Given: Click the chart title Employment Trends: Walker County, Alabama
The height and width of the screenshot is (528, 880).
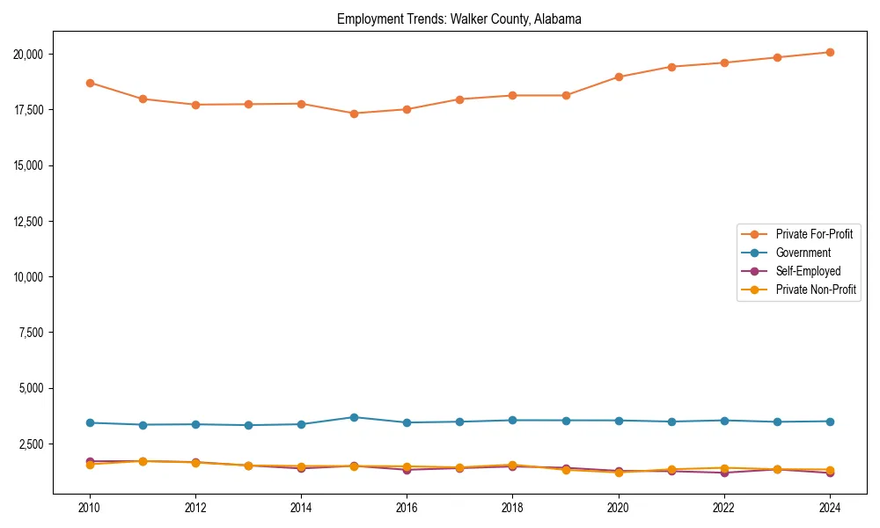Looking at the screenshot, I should (458, 19).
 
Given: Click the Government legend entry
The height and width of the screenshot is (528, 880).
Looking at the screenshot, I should (803, 253).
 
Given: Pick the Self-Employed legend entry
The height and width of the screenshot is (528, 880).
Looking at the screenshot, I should (808, 271).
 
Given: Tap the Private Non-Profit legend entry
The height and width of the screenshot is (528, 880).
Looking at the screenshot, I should (816, 290).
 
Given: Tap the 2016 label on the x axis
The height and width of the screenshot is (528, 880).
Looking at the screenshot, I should (407, 508).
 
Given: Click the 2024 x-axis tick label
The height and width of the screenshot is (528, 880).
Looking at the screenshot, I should (830, 508).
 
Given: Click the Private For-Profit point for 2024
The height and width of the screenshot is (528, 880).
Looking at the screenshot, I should (830, 53).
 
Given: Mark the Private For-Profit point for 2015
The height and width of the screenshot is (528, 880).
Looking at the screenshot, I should (354, 114).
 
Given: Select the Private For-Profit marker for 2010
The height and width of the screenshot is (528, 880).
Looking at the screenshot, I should (90, 83).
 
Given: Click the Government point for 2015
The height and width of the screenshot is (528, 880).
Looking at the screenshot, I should (354, 417).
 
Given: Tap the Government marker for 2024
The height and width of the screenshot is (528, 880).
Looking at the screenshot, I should (830, 422).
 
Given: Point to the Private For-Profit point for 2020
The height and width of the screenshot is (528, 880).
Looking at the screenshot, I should (619, 77).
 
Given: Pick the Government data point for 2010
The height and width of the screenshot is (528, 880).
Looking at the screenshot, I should (90, 422).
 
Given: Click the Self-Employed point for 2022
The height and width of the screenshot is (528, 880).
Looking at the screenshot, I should (724, 473).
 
